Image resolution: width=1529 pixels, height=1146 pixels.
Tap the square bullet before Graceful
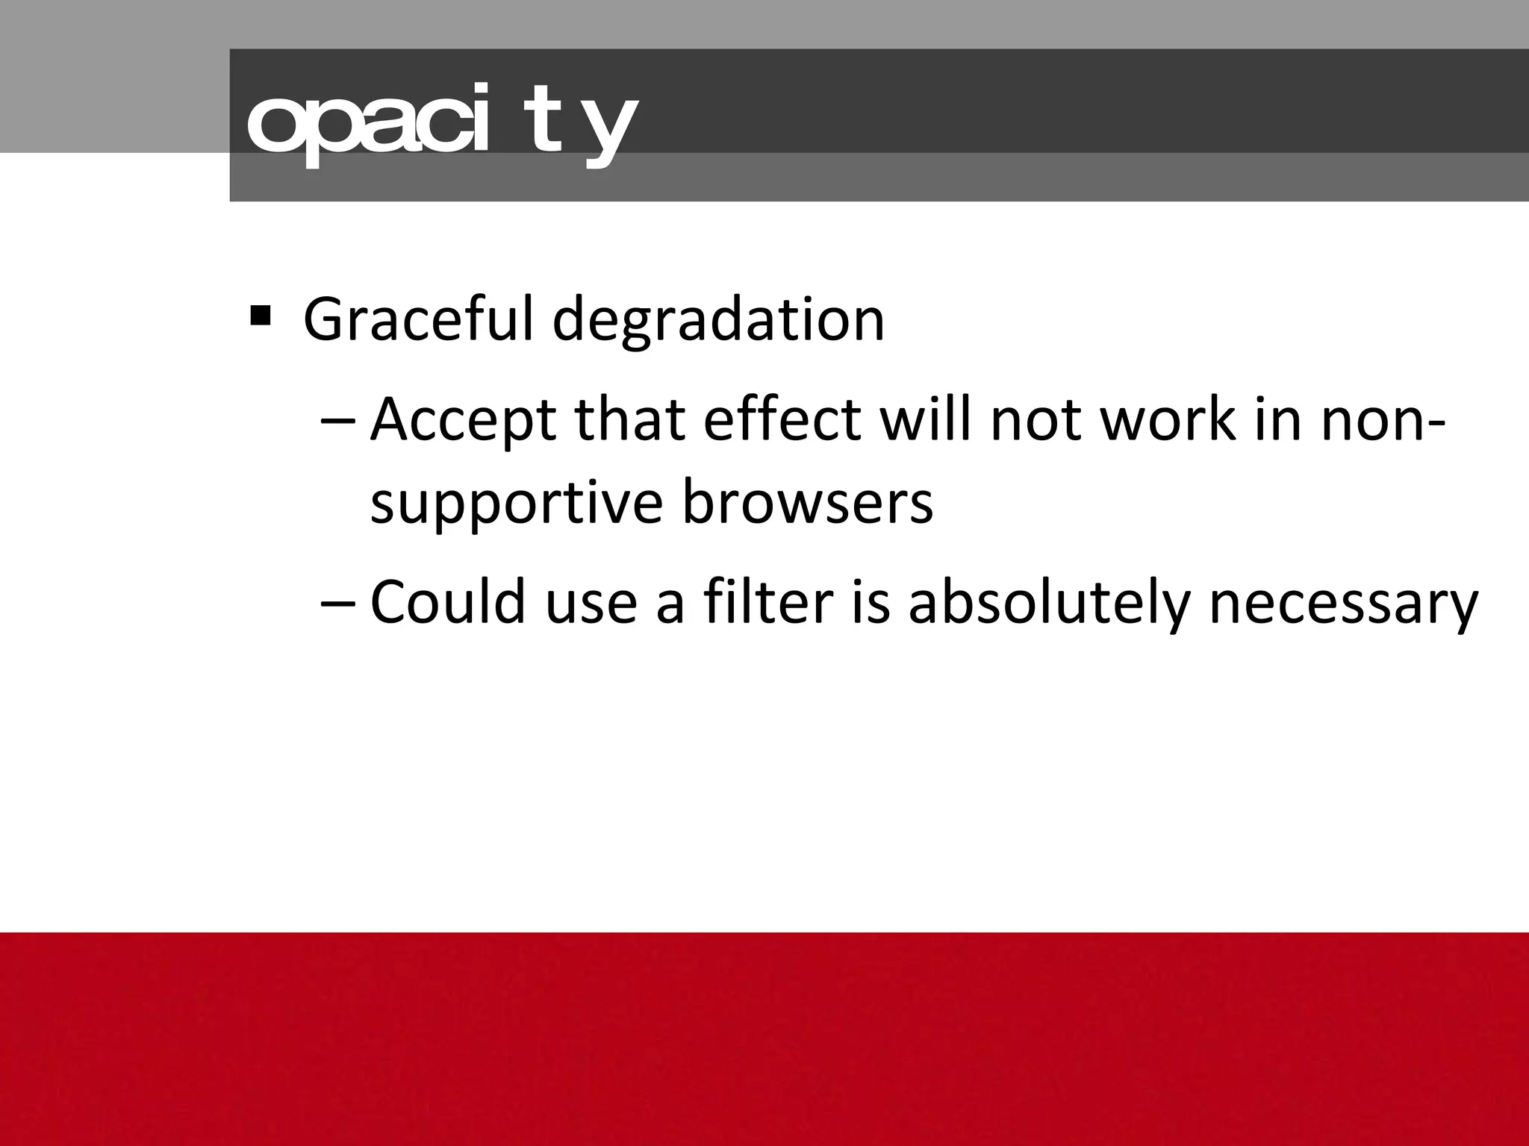[261, 316]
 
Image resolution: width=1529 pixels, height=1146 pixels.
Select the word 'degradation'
[718, 320]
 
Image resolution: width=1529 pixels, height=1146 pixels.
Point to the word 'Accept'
[463, 420]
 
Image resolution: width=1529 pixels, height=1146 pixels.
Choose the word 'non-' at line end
[1383, 420]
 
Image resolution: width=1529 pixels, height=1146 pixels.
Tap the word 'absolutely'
[1048, 603]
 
